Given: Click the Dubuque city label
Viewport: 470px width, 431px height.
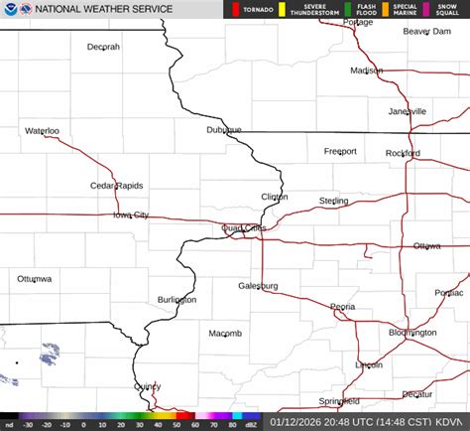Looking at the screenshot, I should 224,130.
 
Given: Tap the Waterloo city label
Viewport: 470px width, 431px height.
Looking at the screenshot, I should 42,131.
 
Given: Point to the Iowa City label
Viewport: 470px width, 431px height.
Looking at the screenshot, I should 131,215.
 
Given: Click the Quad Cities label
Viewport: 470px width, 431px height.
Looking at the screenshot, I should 244,227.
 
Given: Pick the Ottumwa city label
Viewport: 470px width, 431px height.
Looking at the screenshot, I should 34,279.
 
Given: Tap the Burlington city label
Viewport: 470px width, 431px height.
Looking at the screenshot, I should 176,299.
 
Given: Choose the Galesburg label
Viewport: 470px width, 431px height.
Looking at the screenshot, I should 258,286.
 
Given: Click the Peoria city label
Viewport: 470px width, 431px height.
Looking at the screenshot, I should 343,307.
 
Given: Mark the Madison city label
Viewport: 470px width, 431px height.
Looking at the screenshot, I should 366,71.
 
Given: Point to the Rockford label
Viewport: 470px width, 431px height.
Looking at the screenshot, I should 403,153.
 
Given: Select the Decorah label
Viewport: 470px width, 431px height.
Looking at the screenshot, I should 103,47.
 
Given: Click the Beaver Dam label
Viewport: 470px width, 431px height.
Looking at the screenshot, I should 426,32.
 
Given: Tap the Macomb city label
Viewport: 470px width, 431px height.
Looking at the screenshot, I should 224,334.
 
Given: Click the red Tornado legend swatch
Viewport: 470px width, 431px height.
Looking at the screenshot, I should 234,9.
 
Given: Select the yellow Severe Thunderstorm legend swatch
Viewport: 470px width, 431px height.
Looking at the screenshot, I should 282,9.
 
